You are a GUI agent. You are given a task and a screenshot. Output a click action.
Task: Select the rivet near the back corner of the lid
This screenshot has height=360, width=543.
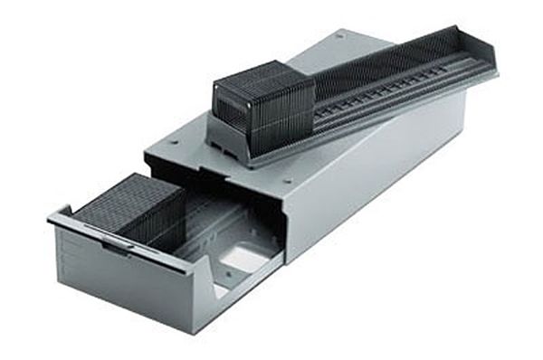pyautogui.click(x=339, y=37)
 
